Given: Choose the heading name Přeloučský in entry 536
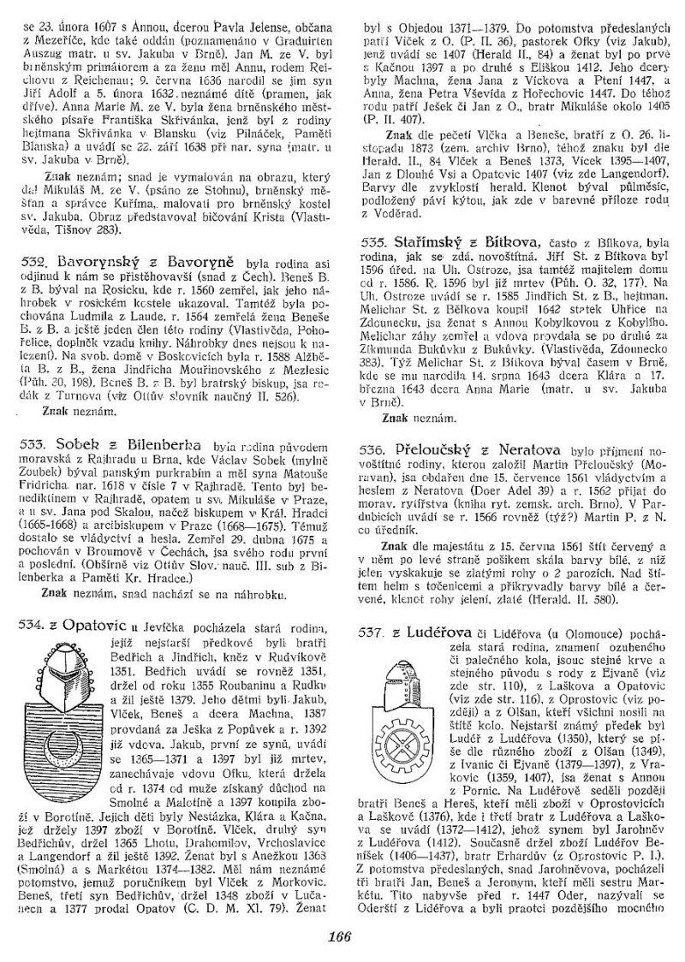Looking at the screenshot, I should tap(434, 448).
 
